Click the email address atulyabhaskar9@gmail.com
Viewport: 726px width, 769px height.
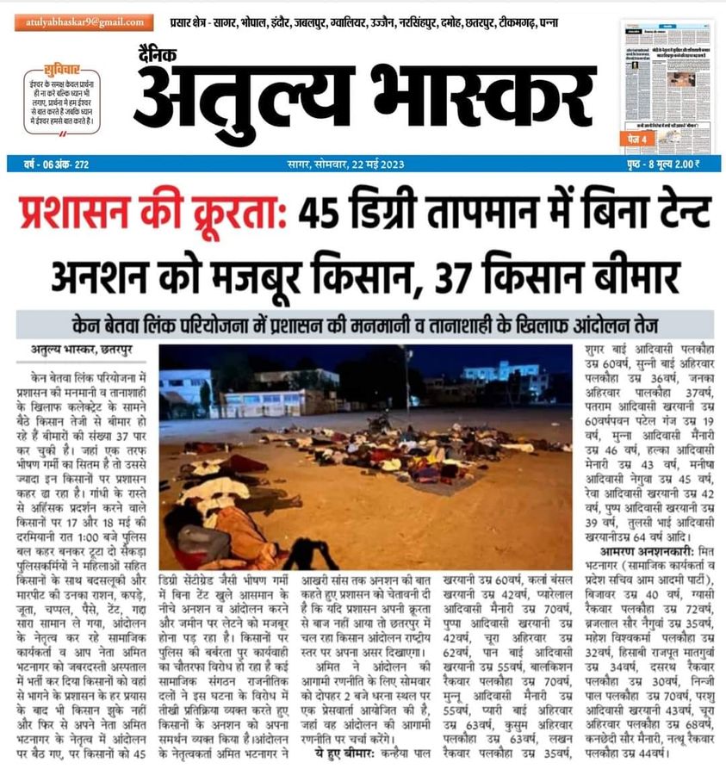[84, 22]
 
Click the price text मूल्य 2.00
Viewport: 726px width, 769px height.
[678, 164]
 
